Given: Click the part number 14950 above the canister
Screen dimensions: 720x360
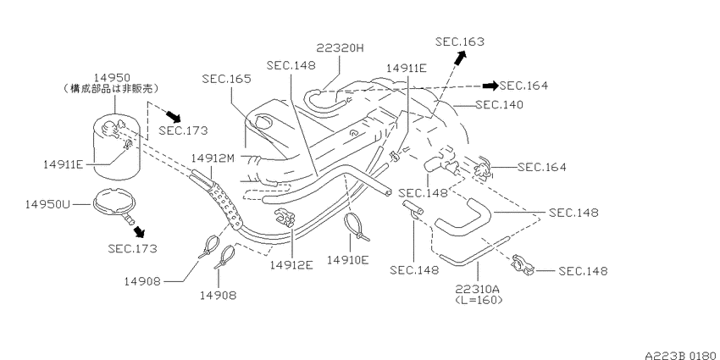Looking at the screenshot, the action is click(113, 78).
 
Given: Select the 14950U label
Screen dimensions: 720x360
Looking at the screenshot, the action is click(47, 204).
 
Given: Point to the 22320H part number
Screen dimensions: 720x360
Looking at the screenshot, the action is click(340, 48).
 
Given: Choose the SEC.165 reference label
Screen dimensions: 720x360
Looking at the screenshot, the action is click(227, 79).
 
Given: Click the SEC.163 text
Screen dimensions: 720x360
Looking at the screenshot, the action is click(460, 42).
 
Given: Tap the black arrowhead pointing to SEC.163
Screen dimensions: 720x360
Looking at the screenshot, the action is click(461, 57).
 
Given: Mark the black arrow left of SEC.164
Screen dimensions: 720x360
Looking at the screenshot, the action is click(490, 86).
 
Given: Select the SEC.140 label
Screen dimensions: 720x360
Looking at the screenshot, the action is click(499, 105).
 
